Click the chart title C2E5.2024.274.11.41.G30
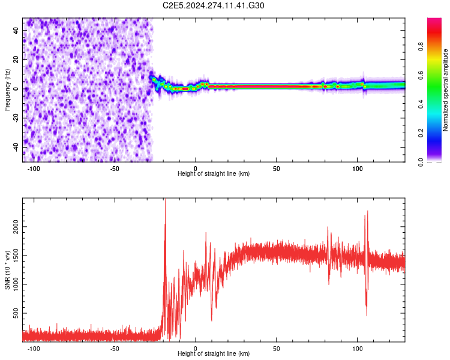click(214, 5)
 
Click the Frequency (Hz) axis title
click(7, 90)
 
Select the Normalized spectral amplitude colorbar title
click(445, 90)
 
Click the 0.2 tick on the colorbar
click(422, 133)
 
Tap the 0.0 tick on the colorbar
click(422, 161)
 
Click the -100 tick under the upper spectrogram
click(34, 168)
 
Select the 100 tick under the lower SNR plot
click(357, 348)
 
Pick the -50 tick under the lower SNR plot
click(115, 348)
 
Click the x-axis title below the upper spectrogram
click(214, 174)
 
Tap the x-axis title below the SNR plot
click(214, 354)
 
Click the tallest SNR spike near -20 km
click(166, 202)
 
